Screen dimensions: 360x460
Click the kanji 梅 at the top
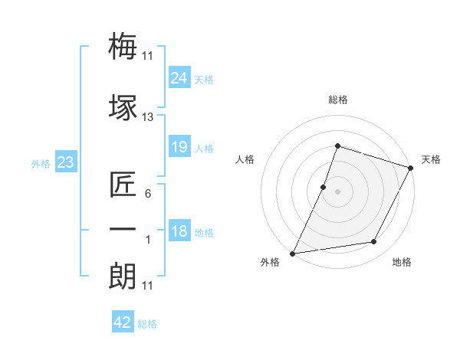123,47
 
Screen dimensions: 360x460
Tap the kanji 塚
123,108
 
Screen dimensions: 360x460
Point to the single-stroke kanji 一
123,229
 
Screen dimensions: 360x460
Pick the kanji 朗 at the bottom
123,276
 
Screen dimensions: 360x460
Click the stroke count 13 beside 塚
148,117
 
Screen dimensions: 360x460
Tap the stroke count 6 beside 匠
148,194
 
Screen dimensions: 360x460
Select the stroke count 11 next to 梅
148,55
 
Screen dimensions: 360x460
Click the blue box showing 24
179,77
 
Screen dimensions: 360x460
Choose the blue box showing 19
179,147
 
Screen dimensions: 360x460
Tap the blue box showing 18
179,232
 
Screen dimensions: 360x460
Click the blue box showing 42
123,322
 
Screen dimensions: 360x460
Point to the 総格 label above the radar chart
337,100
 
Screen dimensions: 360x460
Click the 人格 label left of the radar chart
245,159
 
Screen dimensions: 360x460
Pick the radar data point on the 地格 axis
374,242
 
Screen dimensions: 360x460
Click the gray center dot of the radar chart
337,191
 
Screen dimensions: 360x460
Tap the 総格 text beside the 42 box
147,324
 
